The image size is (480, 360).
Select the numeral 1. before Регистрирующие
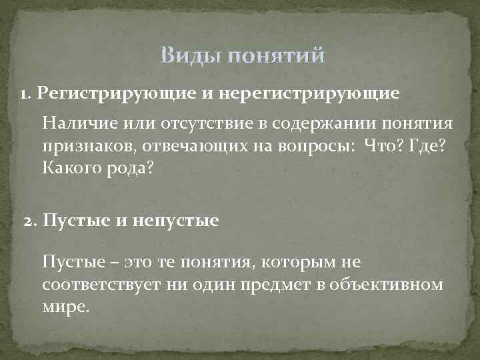[26, 93]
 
